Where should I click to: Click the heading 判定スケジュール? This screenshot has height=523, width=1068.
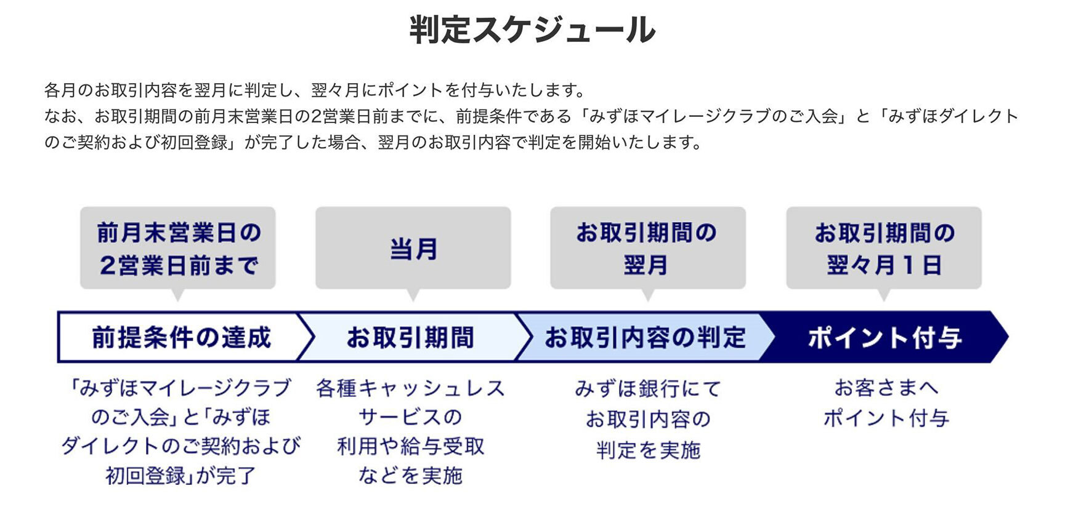click(533, 30)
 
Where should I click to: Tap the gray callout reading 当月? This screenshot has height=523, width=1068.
click(413, 248)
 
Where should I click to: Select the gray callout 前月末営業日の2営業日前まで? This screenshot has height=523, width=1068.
click(178, 248)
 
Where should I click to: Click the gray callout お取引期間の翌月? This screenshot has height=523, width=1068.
click(648, 248)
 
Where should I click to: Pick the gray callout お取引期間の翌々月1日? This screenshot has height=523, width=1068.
click(884, 248)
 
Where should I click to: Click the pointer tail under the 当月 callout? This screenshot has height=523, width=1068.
click(413, 295)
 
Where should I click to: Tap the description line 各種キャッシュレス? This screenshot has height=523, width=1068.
click(411, 388)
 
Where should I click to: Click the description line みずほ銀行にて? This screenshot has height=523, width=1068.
click(648, 389)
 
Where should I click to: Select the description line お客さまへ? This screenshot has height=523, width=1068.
click(886, 388)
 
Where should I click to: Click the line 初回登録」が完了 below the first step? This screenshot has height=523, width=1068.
click(180, 476)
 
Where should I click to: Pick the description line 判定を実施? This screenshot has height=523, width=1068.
click(649, 450)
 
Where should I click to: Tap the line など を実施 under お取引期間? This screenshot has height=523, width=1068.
click(411, 476)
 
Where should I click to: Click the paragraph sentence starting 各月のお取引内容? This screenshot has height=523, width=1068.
click(315, 90)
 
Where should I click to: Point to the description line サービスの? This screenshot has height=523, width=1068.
click(411, 417)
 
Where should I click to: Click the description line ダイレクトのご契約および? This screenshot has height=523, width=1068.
click(181, 446)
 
